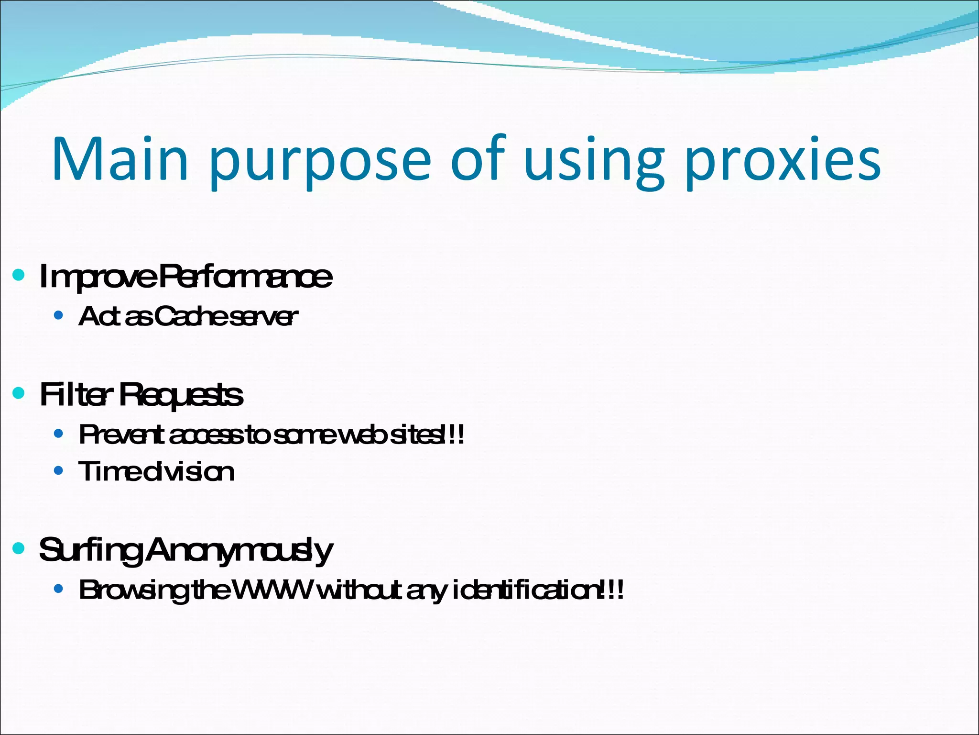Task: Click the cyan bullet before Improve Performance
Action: coord(19,275)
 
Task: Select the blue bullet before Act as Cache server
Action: coord(58,315)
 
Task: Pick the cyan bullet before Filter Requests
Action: coord(19,393)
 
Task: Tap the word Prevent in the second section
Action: coord(121,435)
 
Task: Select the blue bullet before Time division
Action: coord(58,471)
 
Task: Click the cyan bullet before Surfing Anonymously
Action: coord(19,548)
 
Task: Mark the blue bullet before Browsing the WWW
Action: coord(58,589)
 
